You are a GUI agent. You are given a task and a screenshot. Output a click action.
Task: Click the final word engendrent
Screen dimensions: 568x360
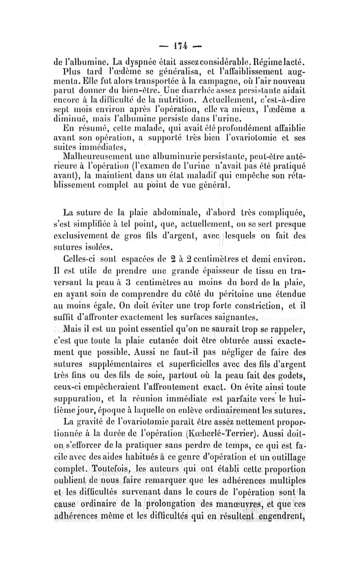[280, 518]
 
